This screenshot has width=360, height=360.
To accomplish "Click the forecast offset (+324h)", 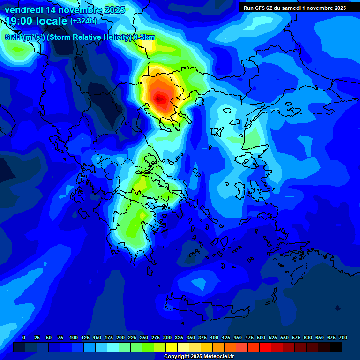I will click(83, 21).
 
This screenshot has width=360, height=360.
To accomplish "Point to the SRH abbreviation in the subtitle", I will click(13, 37).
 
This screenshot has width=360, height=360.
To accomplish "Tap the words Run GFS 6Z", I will click(258, 8).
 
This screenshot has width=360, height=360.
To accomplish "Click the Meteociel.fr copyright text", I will click(199, 357).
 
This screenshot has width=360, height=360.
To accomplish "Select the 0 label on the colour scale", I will click(24, 338).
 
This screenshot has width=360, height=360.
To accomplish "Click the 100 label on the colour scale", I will click(74, 338).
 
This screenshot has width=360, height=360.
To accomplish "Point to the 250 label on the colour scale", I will click(144, 338).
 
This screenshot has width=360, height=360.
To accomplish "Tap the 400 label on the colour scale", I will click(214, 338).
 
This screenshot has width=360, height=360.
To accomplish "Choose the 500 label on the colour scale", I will click(261, 338).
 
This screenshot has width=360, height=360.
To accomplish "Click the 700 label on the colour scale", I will click(343, 338).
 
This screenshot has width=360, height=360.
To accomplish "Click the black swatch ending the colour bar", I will click(336, 347).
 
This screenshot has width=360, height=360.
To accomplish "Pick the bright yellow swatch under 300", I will click(172, 347).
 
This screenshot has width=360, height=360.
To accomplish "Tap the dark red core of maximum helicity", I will click(161, 99).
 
